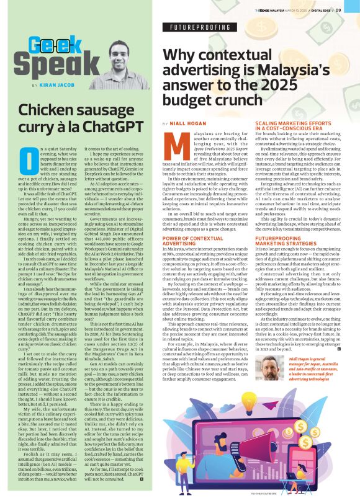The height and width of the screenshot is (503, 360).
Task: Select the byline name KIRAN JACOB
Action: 57,85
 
